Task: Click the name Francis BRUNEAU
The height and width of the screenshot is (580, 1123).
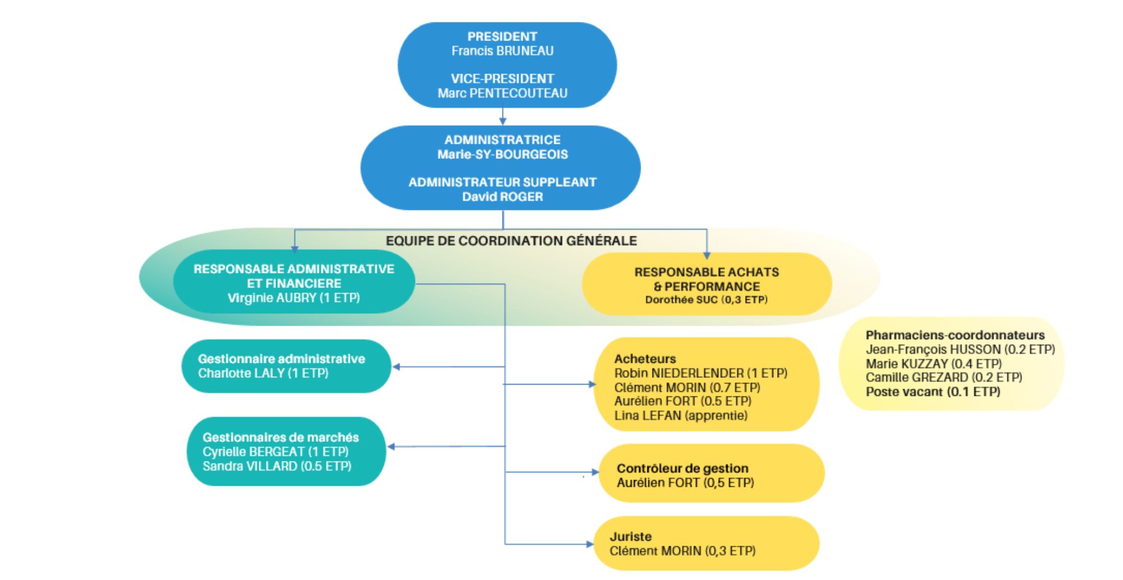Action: point(502,51)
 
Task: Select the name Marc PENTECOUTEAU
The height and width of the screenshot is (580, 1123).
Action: point(502,93)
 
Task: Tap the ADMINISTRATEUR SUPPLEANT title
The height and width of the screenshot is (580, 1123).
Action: point(502,182)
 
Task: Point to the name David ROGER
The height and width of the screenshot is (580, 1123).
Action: point(502,197)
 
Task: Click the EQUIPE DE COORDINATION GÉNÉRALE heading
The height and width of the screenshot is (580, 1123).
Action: point(511,241)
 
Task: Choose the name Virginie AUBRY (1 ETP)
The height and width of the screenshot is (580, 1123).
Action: point(294,298)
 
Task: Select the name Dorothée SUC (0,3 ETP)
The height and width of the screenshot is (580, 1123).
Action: point(706,300)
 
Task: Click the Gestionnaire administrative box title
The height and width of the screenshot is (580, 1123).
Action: point(281,359)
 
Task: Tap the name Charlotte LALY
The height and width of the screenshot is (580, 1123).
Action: point(263,373)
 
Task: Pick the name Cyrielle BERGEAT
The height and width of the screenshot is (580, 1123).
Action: point(275,452)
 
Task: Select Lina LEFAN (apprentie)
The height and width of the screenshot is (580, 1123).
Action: point(681,416)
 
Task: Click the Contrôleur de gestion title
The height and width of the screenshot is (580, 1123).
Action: point(682,468)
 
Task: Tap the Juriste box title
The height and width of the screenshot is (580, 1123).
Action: point(631,537)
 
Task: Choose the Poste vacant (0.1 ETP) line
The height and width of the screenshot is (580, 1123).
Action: point(933,392)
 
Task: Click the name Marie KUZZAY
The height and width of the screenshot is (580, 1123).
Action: point(933,364)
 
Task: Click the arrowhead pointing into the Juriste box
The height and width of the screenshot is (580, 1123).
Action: point(590,544)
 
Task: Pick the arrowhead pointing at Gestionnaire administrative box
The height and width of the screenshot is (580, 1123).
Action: point(396,367)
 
